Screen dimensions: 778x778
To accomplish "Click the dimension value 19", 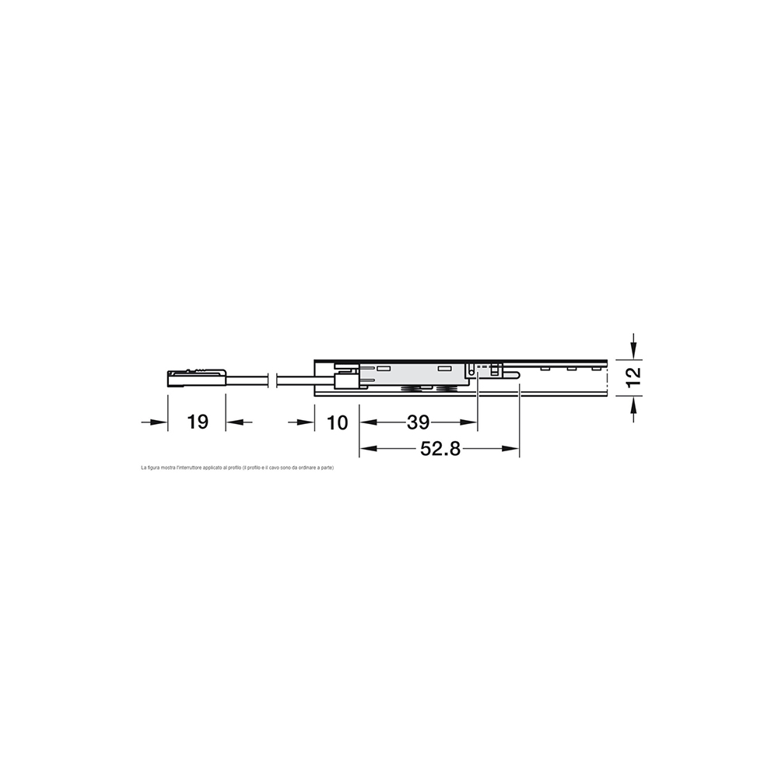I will [x=198, y=422].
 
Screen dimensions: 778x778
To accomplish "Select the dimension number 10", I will [x=337, y=422].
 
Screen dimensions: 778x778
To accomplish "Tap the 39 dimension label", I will [x=418, y=422].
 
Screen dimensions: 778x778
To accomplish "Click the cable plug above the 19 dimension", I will [x=196, y=377].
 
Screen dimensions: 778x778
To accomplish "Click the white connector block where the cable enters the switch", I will [x=345, y=380].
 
